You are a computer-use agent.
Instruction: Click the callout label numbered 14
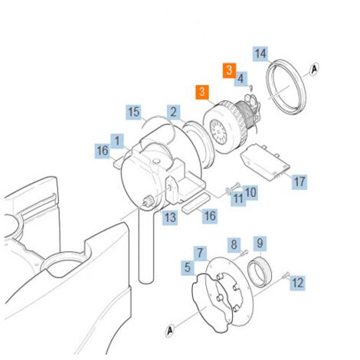click(260, 54)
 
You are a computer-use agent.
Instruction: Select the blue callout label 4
click(241, 79)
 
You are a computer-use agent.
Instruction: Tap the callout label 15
click(134, 112)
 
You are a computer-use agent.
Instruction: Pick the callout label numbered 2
click(174, 112)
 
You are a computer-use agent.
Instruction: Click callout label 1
click(117, 141)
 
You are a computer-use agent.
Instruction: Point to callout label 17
click(299, 182)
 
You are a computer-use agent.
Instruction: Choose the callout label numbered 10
click(250, 192)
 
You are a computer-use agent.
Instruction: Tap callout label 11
click(238, 198)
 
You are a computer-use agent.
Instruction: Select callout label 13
click(170, 218)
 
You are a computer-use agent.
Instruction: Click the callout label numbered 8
click(234, 244)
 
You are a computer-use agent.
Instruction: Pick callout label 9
click(260, 243)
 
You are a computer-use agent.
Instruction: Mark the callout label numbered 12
click(297, 283)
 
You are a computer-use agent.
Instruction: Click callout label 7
click(200, 254)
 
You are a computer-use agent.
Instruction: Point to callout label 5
click(188, 267)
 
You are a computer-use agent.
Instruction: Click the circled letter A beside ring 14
click(315, 69)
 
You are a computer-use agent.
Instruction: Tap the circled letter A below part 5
click(170, 331)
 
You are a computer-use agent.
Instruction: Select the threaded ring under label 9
click(260, 272)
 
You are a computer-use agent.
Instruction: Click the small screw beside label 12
click(286, 275)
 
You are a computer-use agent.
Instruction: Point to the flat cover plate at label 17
click(265, 162)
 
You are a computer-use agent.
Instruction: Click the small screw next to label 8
click(244, 252)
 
